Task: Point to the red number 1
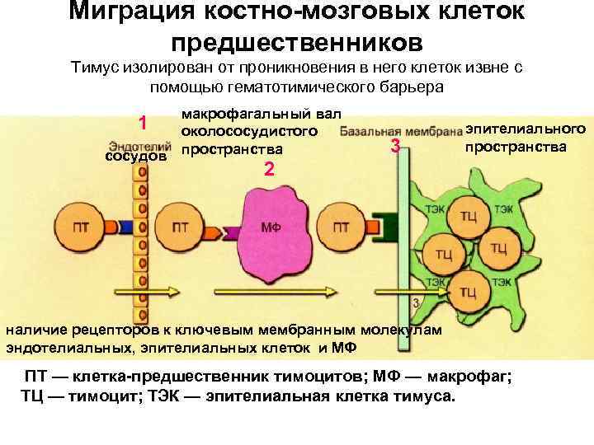[x=143, y=124]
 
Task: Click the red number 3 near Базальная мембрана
[x=395, y=148]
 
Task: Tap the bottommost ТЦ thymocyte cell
[x=467, y=291]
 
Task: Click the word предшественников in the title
[x=297, y=41]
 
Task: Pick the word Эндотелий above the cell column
[x=139, y=145]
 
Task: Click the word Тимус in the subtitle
[x=94, y=68]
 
